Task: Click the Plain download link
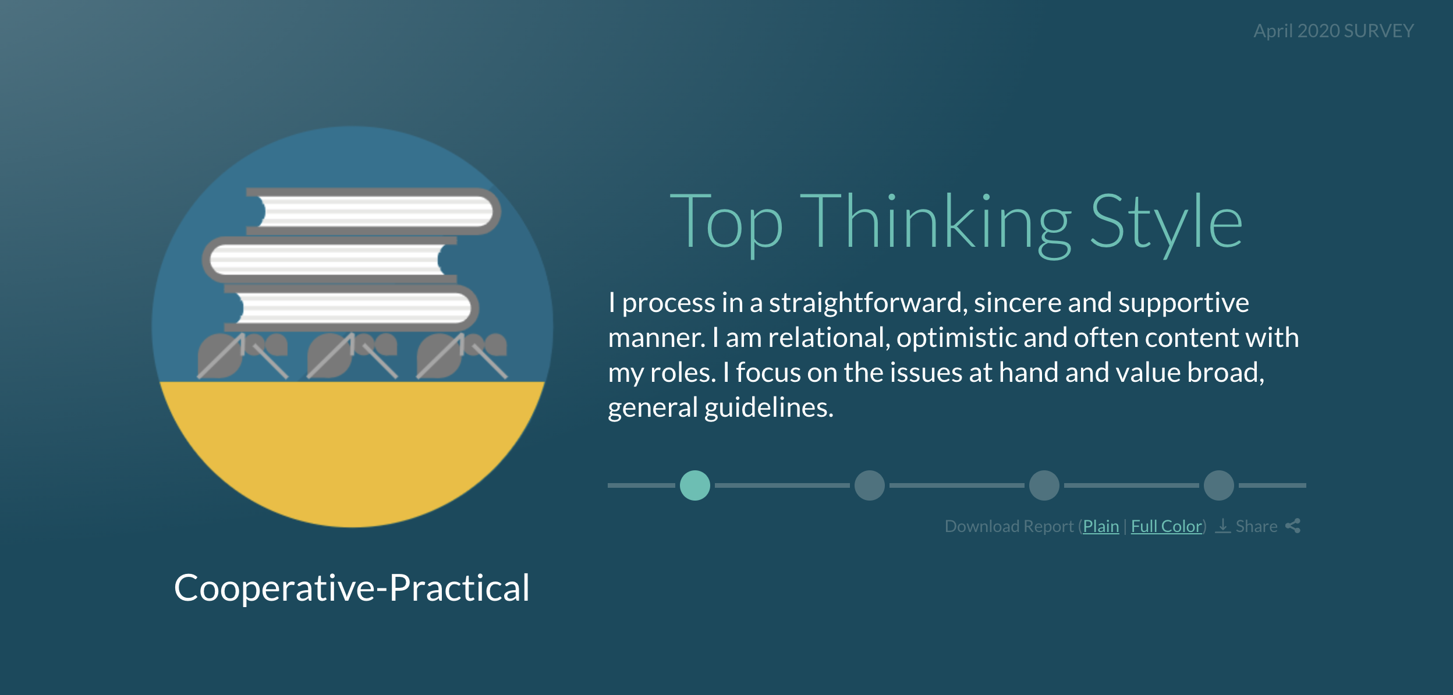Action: point(1101,526)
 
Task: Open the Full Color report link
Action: point(1167,526)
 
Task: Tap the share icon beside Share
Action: point(1293,526)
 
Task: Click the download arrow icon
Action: point(1223,526)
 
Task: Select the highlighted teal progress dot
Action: point(695,485)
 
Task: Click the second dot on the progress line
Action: point(870,485)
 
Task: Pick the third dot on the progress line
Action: point(1044,485)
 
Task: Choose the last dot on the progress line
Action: point(1219,485)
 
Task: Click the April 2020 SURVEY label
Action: point(1334,31)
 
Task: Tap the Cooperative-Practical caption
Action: point(352,588)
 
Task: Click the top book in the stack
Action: point(373,211)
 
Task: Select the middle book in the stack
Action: point(330,260)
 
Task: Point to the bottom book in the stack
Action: point(352,308)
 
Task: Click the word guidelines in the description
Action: point(769,407)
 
